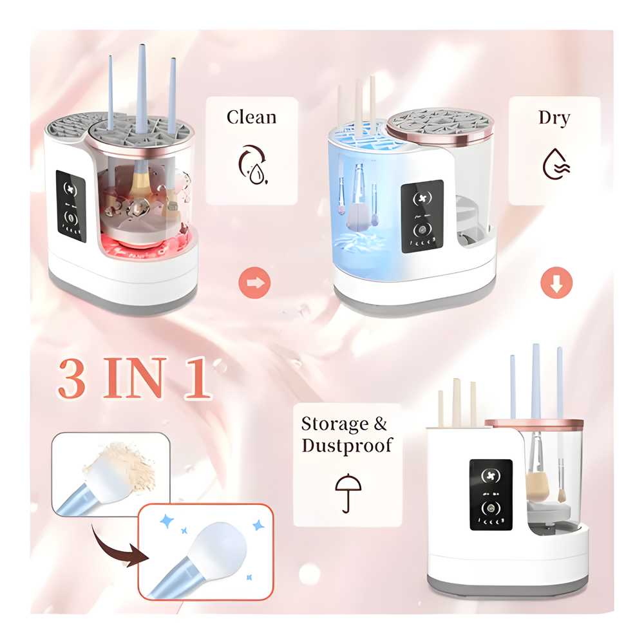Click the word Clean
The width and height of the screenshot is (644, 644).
(251, 117)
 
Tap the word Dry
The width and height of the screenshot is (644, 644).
(554, 118)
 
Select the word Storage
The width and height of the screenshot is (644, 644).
(335, 424)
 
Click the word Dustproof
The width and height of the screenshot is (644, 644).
(347, 446)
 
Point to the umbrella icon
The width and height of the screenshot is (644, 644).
(348, 493)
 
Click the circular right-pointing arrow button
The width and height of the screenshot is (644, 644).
(254, 283)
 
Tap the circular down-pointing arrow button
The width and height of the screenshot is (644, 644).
(556, 283)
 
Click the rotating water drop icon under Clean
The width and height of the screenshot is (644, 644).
(253, 165)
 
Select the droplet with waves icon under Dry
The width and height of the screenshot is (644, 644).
(556, 164)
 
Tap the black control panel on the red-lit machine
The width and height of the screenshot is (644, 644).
(71, 206)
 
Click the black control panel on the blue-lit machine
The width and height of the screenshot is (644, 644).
(422, 216)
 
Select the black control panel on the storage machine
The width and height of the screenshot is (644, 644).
(491, 495)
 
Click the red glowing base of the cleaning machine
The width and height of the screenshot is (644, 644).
(149, 245)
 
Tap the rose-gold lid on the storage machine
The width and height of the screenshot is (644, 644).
(534, 424)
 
